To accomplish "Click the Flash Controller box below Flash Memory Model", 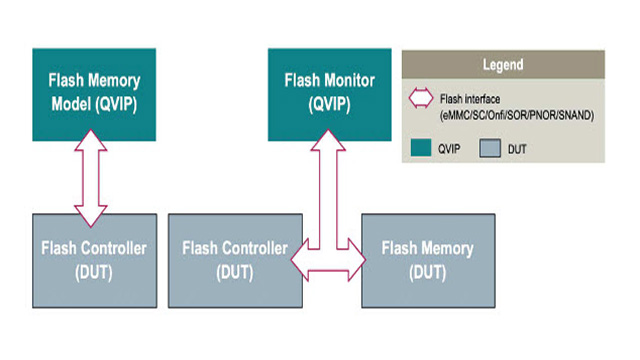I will (x=95, y=259).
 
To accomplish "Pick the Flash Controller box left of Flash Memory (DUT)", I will (x=235, y=259).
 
